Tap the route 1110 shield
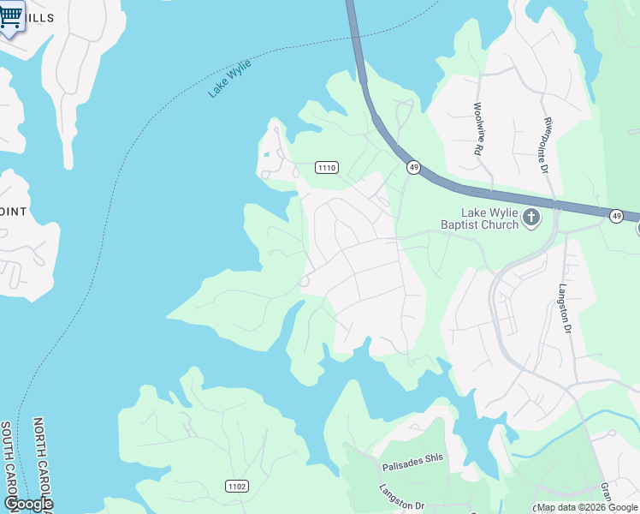326,167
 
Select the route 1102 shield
237,487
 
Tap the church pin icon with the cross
530,218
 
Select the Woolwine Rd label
477,128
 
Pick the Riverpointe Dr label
543,145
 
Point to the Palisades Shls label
412,457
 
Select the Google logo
28,504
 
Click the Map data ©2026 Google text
587,507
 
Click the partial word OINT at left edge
15,211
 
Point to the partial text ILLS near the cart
39,18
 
